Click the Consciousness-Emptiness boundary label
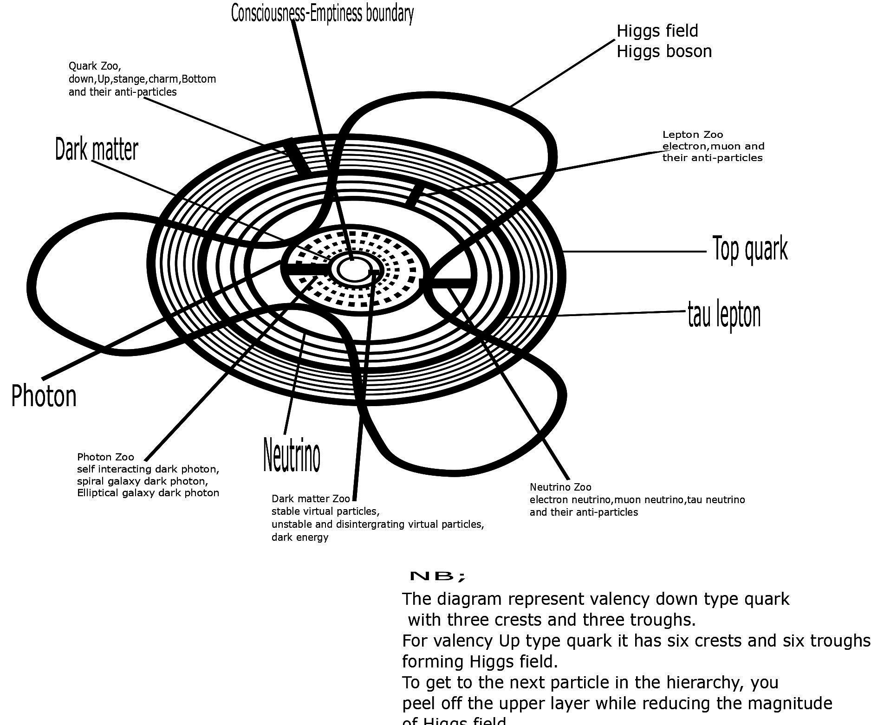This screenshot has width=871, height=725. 322,13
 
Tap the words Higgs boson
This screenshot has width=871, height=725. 664,51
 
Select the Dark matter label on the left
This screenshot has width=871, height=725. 97,149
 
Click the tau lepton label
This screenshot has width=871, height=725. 724,315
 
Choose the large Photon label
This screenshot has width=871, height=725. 44,396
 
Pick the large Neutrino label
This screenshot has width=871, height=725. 292,455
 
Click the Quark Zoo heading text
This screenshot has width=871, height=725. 95,66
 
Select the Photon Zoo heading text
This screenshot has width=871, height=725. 105,457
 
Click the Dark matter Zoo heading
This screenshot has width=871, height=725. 311,499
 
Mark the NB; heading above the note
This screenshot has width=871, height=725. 437,576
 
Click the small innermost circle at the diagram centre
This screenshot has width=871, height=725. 351,269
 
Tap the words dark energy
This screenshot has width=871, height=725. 300,537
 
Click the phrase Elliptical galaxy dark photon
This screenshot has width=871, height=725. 148,492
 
